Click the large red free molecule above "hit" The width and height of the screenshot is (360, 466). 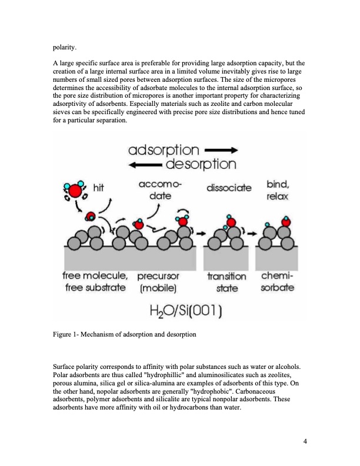(x=75, y=191)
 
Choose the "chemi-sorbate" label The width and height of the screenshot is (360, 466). (x=276, y=282)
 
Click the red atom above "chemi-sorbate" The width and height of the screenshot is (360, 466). (x=286, y=222)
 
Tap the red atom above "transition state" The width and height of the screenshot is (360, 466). (x=231, y=222)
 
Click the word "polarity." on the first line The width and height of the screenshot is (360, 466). (x=65, y=44)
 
